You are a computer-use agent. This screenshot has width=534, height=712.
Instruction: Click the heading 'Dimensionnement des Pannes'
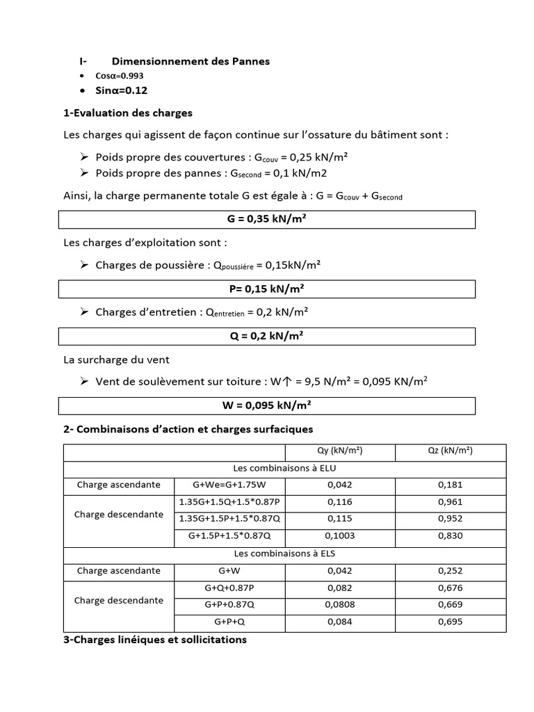[191, 61]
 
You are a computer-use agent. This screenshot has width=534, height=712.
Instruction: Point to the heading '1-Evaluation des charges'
[128, 113]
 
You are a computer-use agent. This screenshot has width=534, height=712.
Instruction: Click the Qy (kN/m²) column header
[340, 452]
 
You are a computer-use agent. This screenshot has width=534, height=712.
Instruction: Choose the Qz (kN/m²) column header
[451, 452]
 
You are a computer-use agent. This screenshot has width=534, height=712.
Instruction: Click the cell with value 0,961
[451, 502]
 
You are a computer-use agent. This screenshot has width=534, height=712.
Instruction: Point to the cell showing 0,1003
[340, 536]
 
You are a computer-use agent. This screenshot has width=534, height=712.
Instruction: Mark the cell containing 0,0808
[340, 605]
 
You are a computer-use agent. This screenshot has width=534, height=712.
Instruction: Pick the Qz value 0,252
[451, 571]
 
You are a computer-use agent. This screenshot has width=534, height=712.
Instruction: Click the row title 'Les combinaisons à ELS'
[285, 554]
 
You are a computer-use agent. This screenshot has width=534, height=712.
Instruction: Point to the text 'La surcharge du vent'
[116, 360]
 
